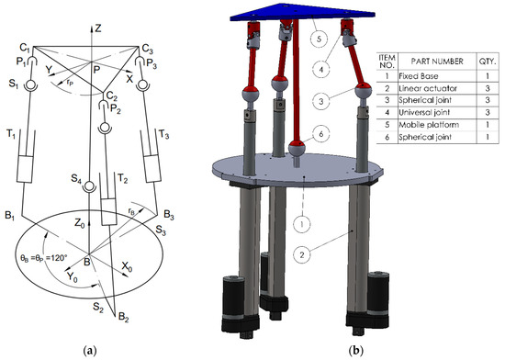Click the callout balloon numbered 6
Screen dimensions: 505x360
click(x=320, y=133)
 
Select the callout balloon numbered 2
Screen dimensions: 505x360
click(x=302, y=255)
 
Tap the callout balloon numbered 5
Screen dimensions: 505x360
click(x=320, y=39)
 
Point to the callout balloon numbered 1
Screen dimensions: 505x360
click(x=302, y=224)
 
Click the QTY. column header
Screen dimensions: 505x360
click(x=488, y=62)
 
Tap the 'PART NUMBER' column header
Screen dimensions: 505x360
click(x=437, y=62)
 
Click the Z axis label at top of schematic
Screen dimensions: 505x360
click(x=97, y=28)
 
